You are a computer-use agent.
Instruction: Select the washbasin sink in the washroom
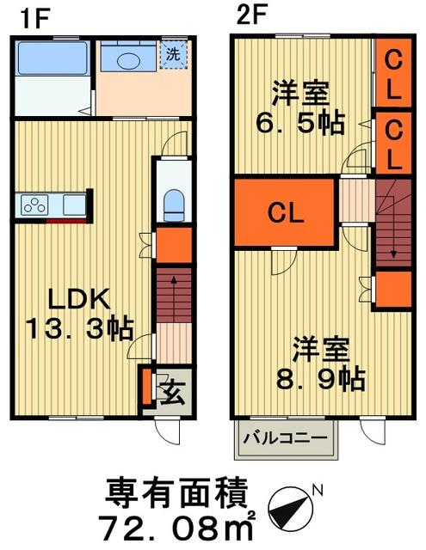coord(129,60)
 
